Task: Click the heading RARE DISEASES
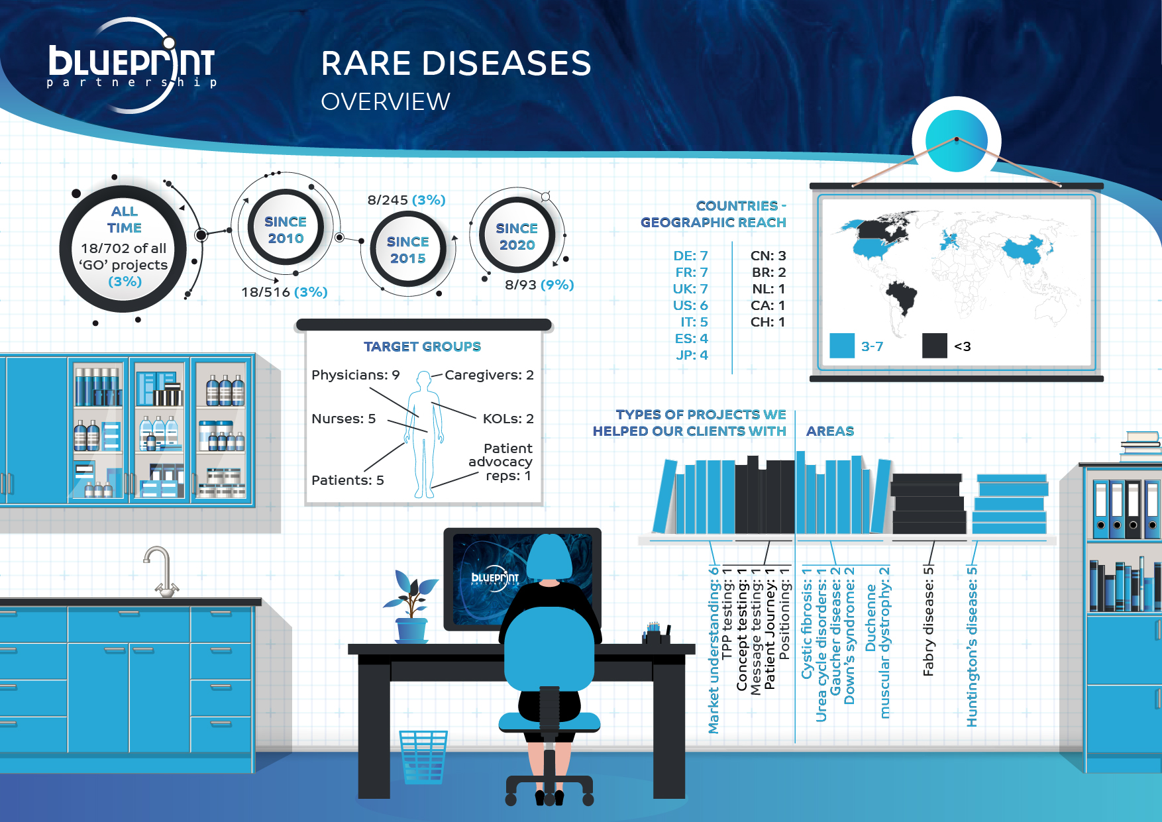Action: pyautogui.click(x=456, y=64)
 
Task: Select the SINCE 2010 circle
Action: pyautogui.click(x=286, y=229)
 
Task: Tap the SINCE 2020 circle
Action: pyautogui.click(x=517, y=236)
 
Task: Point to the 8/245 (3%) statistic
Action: pyautogui.click(x=407, y=200)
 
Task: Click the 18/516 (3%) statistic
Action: pyautogui.click(x=284, y=292)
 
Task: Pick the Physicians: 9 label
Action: pyautogui.click(x=356, y=375)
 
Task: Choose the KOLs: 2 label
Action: pyautogui.click(x=508, y=419)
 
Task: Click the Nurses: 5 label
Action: pyautogui.click(x=344, y=419)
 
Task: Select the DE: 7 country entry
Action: pyautogui.click(x=691, y=256)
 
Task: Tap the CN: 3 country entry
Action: pyautogui.click(x=768, y=256)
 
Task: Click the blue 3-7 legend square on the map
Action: pyautogui.click(x=842, y=346)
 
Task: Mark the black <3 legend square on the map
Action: pyautogui.click(x=935, y=346)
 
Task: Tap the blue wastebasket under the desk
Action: pyautogui.click(x=423, y=757)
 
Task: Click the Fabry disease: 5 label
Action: pyautogui.click(x=928, y=621)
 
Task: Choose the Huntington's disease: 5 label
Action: pyautogui.click(x=972, y=647)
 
